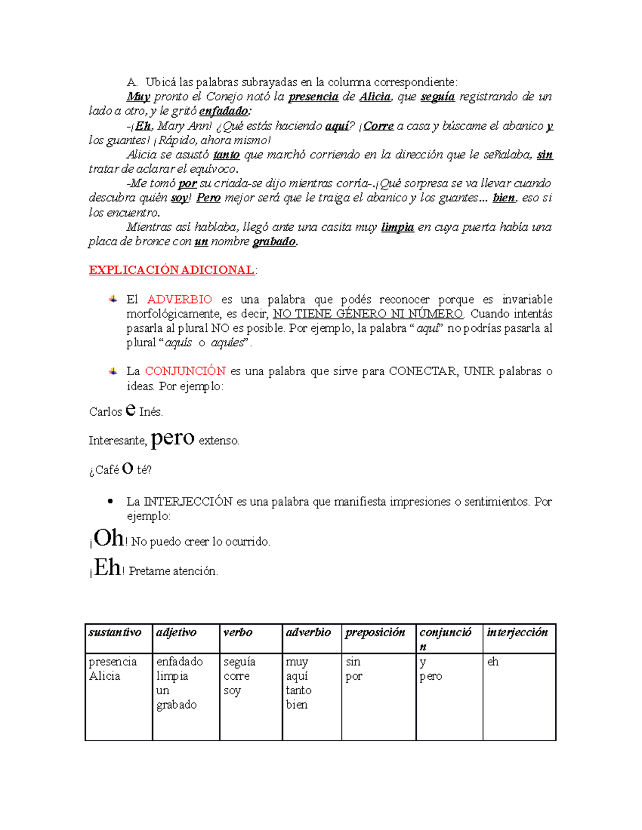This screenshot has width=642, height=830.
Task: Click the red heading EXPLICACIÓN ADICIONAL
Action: (171, 270)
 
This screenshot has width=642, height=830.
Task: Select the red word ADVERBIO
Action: (179, 299)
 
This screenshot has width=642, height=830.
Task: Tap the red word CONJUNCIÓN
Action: (185, 371)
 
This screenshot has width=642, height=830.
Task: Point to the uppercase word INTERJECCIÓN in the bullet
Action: (188, 501)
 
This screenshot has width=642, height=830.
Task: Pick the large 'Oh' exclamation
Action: (109, 538)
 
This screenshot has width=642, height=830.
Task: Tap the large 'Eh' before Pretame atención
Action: (108, 567)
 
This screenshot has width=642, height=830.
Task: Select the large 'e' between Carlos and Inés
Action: (130, 410)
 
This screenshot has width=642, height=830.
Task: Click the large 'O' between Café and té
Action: (127, 469)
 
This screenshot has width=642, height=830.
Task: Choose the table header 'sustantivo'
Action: (114, 632)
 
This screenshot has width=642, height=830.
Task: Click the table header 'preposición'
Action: (375, 632)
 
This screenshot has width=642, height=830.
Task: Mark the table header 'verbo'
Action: (238, 632)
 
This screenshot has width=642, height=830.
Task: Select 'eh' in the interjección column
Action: (493, 662)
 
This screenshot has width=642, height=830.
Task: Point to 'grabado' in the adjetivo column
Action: (176, 705)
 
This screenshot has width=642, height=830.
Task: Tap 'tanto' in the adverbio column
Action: (298, 691)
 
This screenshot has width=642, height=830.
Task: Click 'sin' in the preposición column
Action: (353, 662)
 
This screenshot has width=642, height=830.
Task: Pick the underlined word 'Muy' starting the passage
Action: (138, 97)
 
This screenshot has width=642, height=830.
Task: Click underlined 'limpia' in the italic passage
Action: (397, 227)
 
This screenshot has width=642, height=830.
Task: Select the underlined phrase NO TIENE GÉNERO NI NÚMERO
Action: (368, 314)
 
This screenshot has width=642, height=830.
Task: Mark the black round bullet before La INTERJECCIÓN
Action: (111, 501)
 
